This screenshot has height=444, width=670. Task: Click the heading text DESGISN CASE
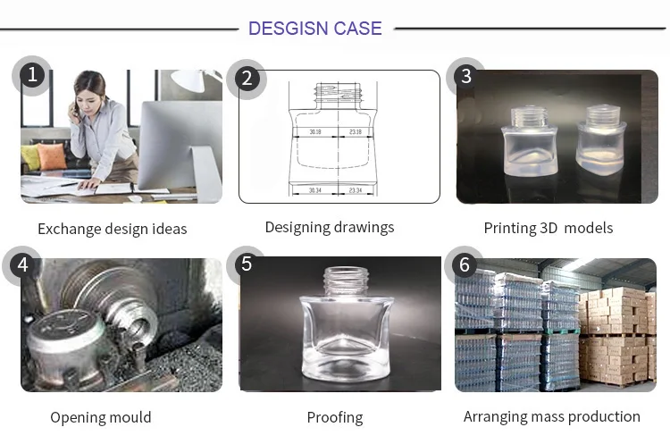click(x=314, y=28)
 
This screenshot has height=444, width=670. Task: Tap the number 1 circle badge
click(x=33, y=75)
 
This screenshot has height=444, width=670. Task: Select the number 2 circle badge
click(x=247, y=79)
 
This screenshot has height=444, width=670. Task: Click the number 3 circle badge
click(x=465, y=75)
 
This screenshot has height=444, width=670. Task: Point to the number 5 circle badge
click(x=247, y=264)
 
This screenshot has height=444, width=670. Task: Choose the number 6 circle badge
click(x=464, y=264)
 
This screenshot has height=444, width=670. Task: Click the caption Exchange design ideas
click(x=113, y=229)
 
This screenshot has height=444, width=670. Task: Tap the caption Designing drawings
click(x=329, y=227)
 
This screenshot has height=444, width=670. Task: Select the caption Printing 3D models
click(x=548, y=228)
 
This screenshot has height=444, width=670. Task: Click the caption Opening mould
click(x=100, y=417)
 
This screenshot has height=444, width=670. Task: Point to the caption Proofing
click(x=335, y=417)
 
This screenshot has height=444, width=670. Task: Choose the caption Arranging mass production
click(x=551, y=416)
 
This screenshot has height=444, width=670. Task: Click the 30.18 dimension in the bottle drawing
click(x=315, y=132)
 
